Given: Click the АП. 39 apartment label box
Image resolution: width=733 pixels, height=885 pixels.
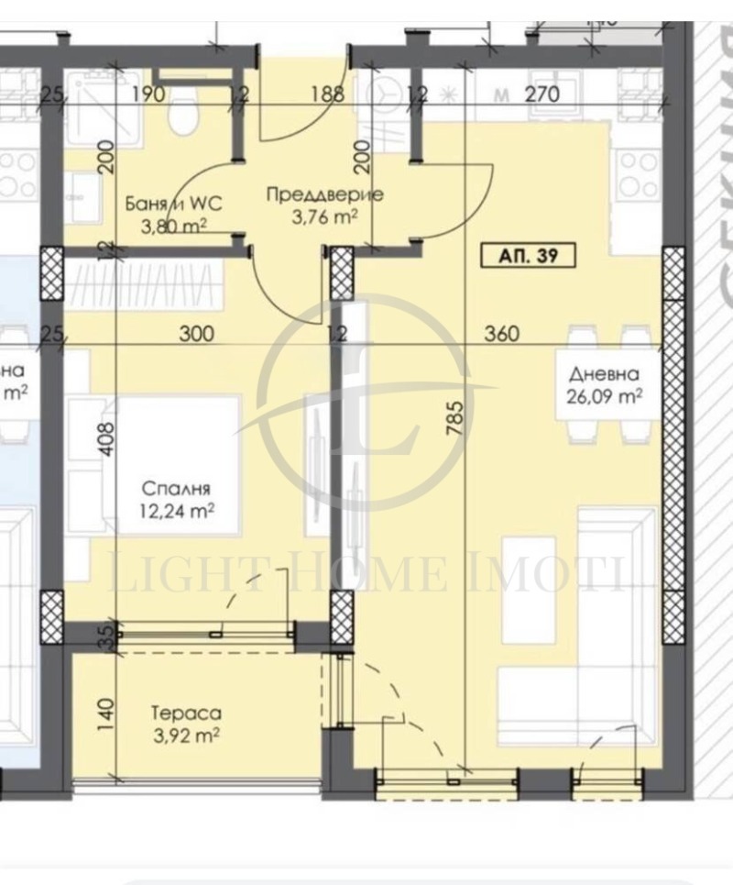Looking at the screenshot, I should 527,257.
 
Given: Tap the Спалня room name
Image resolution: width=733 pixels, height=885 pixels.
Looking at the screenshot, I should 177,488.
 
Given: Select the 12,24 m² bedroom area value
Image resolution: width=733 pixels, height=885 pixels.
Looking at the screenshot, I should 177,512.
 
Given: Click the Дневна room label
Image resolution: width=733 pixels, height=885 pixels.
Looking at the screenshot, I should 603,374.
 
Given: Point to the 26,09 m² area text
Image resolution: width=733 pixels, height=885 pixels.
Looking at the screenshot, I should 603,397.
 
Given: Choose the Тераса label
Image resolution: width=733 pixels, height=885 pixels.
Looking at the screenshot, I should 187,712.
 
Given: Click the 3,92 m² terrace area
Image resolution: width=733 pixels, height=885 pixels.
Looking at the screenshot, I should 187,735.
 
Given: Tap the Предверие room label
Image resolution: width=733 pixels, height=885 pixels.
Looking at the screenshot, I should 324,194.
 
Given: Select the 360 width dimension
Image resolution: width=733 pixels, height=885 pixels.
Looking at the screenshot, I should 500,334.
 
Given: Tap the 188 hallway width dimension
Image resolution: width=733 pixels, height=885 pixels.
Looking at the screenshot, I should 326,93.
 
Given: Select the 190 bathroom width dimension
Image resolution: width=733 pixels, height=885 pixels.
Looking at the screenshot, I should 147,93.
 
